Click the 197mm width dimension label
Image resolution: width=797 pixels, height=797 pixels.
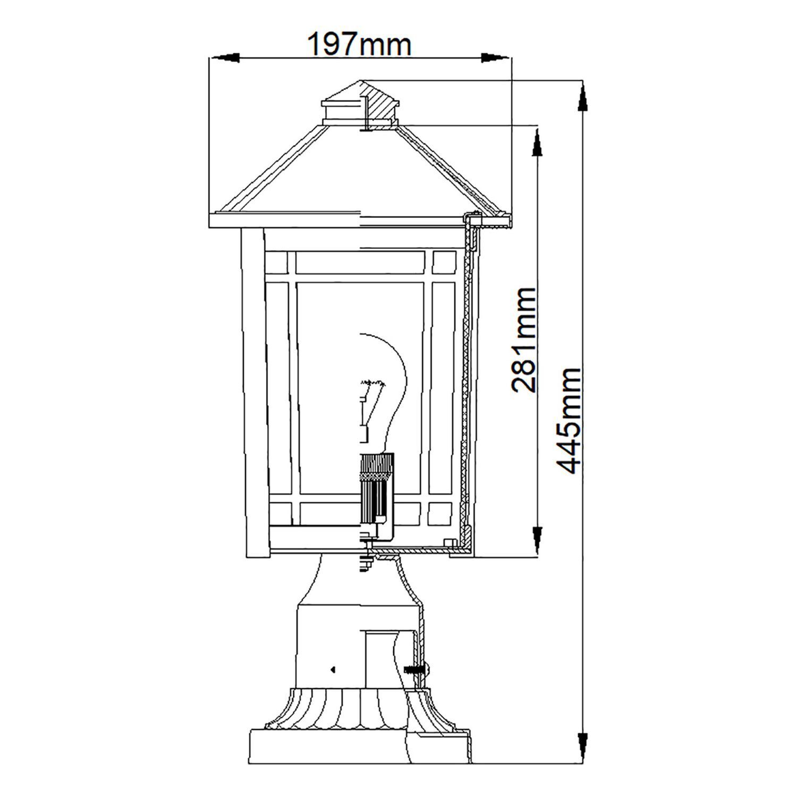tap(360, 45)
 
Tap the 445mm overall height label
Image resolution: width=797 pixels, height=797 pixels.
tap(568, 420)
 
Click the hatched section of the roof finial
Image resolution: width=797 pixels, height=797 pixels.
tap(381, 105)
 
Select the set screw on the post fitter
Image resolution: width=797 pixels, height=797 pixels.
tap(417, 669)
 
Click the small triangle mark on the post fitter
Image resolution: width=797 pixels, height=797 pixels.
tap(333, 669)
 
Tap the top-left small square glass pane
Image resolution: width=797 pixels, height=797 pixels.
tap(278, 261)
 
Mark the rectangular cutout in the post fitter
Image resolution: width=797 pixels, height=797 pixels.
tap(380, 659)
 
